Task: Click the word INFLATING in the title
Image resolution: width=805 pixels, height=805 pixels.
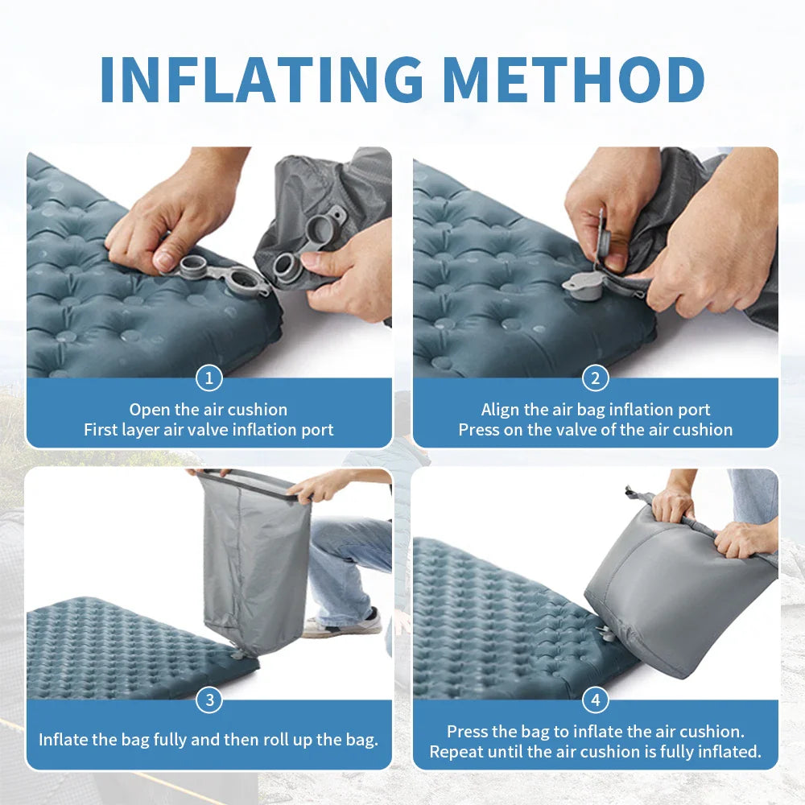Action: click(x=262, y=79)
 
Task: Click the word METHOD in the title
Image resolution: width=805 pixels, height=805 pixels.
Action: click(x=573, y=79)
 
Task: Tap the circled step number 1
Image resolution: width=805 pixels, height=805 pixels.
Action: click(x=209, y=378)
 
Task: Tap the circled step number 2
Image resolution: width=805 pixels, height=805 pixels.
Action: click(x=596, y=378)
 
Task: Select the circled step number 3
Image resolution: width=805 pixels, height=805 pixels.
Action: click(x=209, y=700)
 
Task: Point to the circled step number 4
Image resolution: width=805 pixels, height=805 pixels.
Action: click(x=596, y=700)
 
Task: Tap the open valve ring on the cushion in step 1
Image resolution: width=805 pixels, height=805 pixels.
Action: click(x=243, y=281)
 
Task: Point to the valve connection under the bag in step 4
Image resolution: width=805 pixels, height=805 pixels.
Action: click(x=608, y=633)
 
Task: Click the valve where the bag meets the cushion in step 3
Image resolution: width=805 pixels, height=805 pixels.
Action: click(x=239, y=654)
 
